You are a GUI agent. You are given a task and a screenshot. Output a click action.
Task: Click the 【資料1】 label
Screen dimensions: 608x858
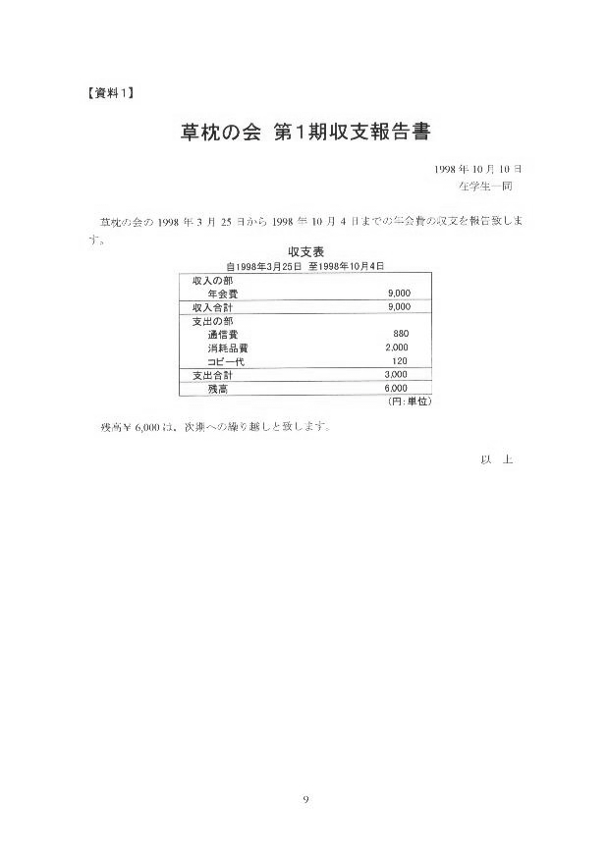[x=111, y=93]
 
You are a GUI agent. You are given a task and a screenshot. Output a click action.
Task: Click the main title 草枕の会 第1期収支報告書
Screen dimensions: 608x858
[x=305, y=133]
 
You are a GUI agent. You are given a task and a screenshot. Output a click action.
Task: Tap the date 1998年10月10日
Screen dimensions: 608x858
[x=477, y=169]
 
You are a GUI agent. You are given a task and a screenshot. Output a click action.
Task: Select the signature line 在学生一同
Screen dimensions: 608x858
[x=485, y=187]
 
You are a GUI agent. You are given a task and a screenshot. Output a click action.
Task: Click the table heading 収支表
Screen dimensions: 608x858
[x=305, y=251]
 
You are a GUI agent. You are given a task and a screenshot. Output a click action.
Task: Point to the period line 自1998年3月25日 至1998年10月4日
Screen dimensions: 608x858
[x=305, y=266]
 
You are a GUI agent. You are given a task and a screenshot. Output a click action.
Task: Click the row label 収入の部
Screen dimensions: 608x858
[x=212, y=281]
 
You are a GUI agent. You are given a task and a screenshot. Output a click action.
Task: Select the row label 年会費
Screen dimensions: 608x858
[x=223, y=294]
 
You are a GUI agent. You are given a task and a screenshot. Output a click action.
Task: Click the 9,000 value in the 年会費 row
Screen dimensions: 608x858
[x=399, y=294]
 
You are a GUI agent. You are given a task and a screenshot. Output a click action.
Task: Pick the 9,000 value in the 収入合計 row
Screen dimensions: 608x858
[x=399, y=307]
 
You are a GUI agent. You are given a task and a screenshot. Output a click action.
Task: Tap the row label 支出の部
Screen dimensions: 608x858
[x=212, y=321]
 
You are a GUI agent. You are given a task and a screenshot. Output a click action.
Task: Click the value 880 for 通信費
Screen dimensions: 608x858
[x=401, y=334]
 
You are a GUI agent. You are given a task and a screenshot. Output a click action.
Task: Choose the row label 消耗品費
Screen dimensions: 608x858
[x=228, y=349]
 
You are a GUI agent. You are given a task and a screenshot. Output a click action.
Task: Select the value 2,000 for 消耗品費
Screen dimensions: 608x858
[x=397, y=348]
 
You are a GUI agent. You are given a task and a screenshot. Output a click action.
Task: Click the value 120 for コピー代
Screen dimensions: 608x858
[x=400, y=361]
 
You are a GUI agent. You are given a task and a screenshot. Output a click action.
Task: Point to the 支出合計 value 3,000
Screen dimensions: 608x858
[x=396, y=375]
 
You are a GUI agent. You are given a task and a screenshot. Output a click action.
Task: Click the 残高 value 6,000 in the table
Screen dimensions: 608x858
[x=396, y=389]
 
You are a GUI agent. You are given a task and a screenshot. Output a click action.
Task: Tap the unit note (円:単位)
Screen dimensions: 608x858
[x=410, y=402]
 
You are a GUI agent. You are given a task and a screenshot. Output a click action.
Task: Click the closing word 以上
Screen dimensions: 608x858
[x=496, y=459]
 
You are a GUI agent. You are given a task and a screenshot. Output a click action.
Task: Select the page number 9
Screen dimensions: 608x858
[x=305, y=800]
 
